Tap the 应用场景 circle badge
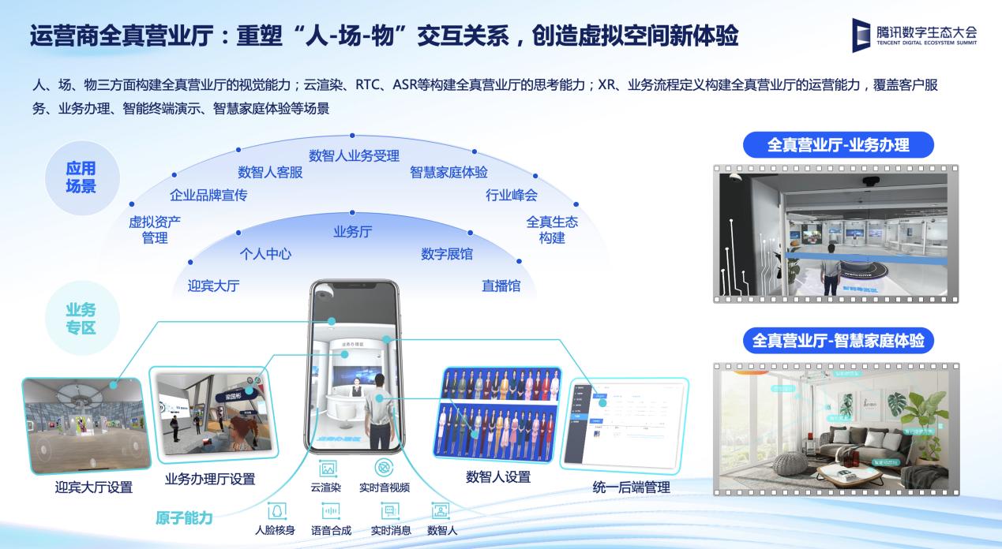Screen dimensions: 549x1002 (81, 177)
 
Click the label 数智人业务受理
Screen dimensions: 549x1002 (354, 155)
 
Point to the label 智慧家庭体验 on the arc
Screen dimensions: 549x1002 (448, 172)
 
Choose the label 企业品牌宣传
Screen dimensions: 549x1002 (208, 195)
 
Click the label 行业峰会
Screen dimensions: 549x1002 (511, 195)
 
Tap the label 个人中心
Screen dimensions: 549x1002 (265, 253)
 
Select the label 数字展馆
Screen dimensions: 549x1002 (447, 253)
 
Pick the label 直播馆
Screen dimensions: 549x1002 (501, 286)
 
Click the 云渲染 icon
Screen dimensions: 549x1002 (326, 468)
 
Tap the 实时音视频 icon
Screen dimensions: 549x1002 (385, 467)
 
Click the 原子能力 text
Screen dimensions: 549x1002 (184, 517)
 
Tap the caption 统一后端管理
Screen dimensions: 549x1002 (631, 487)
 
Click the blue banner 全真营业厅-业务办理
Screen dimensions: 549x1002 (838, 145)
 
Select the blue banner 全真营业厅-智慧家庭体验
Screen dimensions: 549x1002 (837, 341)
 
